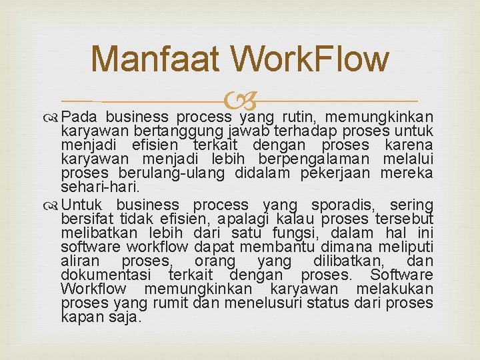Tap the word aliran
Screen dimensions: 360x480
(78, 261)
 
